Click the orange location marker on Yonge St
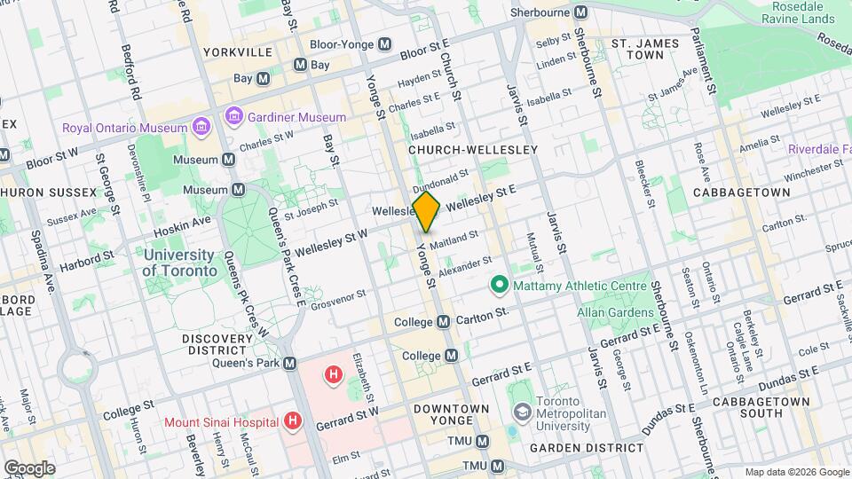[x=426, y=211]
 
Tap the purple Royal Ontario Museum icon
[x=201, y=127]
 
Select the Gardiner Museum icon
[x=234, y=116]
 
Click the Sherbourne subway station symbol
[x=580, y=12]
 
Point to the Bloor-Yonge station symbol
[x=385, y=44]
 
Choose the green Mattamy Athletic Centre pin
[x=500, y=285]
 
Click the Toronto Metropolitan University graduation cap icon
[x=522, y=412]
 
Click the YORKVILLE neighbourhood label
[x=237, y=52]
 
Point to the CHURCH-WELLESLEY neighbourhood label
[x=472, y=150]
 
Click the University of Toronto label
[x=179, y=263]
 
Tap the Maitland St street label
[x=454, y=239]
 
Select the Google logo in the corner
[x=29, y=467]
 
